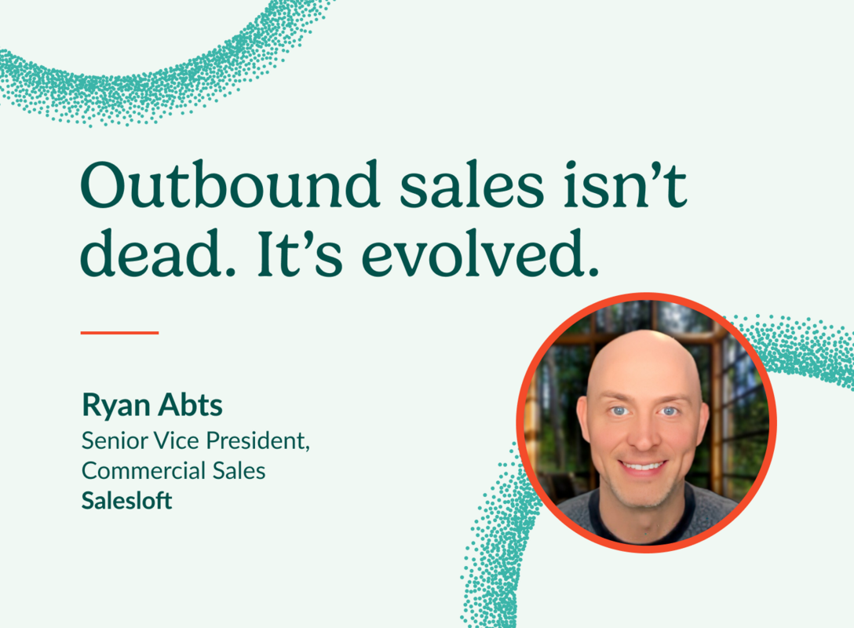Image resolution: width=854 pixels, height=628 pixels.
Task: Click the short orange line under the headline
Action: click(119, 333)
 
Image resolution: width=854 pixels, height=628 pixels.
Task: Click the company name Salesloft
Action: click(126, 501)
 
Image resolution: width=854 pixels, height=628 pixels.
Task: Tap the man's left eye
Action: click(668, 411)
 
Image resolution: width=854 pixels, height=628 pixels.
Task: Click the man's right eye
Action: click(619, 411)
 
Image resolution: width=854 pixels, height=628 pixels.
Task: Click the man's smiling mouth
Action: click(644, 466)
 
